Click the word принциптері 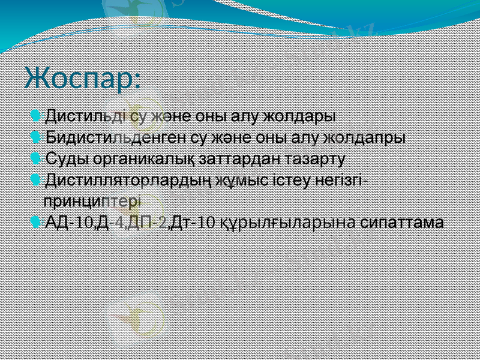point(92,199)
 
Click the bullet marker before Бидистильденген point(37,137)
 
